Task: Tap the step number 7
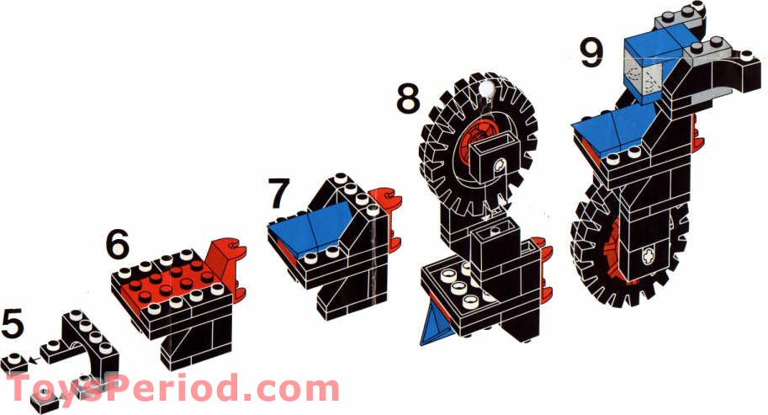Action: pyautogui.click(x=279, y=194)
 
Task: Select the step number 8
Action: pyautogui.click(x=408, y=98)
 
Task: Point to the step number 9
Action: pyautogui.click(x=592, y=53)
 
